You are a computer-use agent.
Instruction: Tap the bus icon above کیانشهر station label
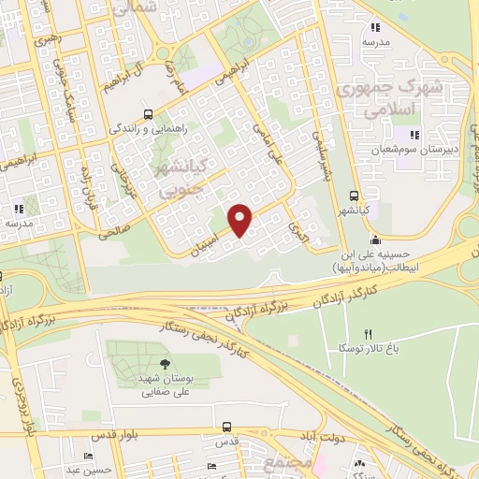(x=353, y=196)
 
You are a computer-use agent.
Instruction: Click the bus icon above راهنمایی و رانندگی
(x=146, y=113)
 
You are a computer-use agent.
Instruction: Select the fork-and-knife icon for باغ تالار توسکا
(x=367, y=334)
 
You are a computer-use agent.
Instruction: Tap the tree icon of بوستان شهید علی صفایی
(x=165, y=364)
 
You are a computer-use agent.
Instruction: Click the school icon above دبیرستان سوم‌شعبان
(x=414, y=136)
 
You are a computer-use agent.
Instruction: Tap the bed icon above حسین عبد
(x=87, y=456)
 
